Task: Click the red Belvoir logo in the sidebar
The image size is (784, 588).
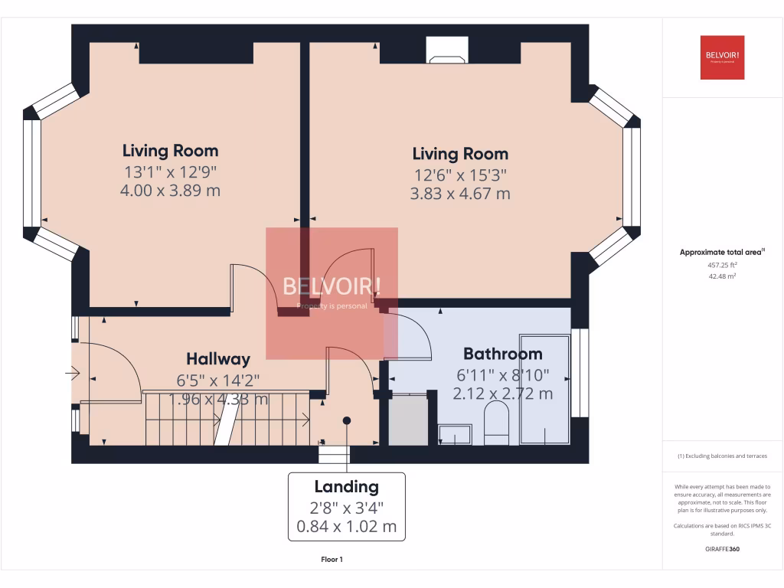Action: coord(722,57)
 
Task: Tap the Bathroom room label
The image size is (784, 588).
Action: coord(502,354)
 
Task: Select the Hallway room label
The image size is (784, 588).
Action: coord(218,359)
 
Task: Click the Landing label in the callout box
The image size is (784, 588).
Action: coord(346,486)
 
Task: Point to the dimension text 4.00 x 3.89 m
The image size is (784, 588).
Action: coord(170,190)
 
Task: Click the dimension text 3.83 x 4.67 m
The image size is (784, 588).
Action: coord(459,194)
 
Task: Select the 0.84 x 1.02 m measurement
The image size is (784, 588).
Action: coord(346,526)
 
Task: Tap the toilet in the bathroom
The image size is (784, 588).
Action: coord(496,424)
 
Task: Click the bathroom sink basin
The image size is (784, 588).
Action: coord(455,436)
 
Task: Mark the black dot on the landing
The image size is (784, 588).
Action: coord(346,420)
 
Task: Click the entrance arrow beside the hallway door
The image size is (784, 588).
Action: coord(73,374)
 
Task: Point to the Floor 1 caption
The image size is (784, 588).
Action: coord(332,560)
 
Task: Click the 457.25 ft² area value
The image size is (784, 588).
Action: coord(722,265)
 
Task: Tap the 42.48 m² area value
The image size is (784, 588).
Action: coord(722,277)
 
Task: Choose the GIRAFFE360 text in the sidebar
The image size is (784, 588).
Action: coord(722,549)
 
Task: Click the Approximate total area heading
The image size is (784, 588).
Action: coord(722,252)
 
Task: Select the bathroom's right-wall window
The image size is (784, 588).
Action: coord(580,373)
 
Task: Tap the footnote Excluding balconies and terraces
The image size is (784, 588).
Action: coord(722,456)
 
